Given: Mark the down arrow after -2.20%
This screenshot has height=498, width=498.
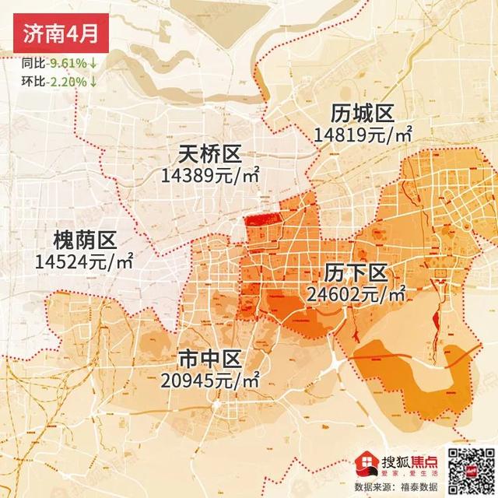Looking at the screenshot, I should pyautogui.click(x=93, y=80).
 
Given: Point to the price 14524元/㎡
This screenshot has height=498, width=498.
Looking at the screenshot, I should pyautogui.click(x=84, y=260).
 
